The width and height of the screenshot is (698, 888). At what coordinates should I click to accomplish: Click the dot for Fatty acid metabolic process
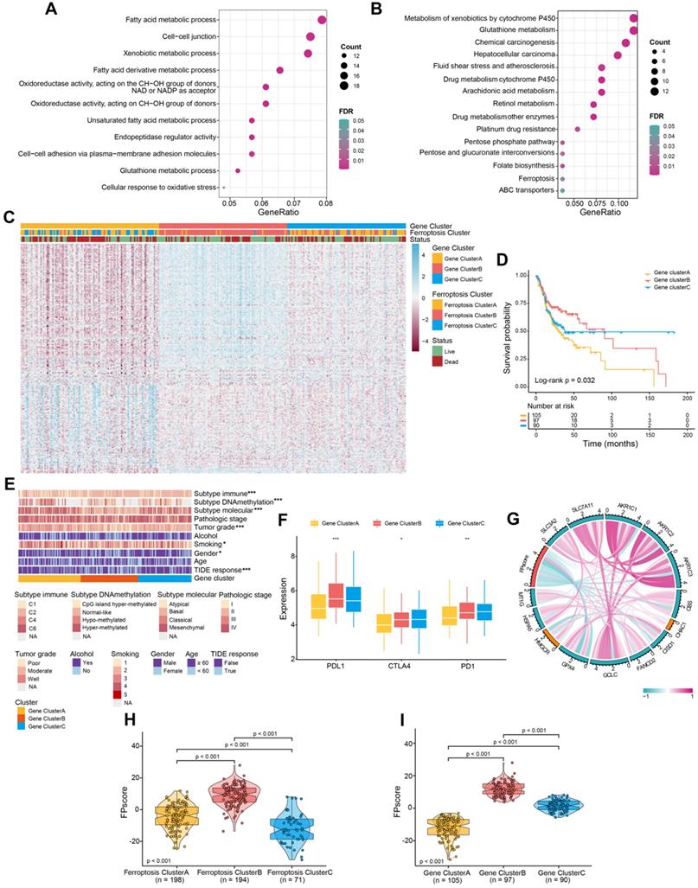pyautogui.click(x=323, y=20)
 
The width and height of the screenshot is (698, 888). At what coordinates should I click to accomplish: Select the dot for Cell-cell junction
pyautogui.click(x=310, y=36)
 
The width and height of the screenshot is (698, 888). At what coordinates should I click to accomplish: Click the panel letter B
pyautogui.click(x=375, y=10)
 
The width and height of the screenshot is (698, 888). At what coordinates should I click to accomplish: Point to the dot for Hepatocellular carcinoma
pyautogui.click(x=618, y=54)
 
